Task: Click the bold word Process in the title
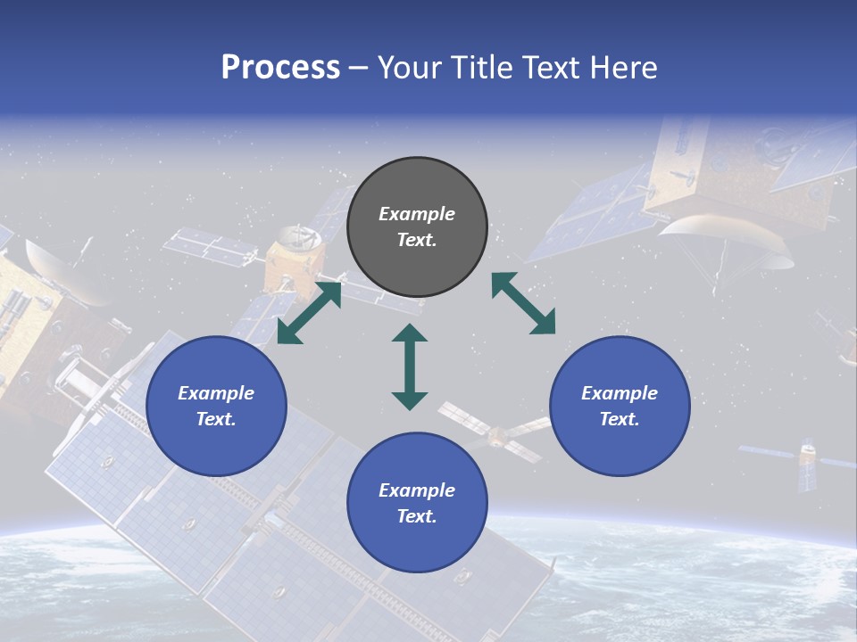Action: click(280, 68)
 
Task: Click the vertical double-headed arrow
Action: click(410, 366)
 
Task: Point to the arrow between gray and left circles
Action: click(309, 312)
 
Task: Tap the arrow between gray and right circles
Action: click(523, 303)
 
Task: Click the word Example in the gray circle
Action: click(417, 214)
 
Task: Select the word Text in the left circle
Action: click(216, 419)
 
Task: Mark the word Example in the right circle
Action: click(620, 393)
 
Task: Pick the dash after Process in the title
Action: click(358, 69)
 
